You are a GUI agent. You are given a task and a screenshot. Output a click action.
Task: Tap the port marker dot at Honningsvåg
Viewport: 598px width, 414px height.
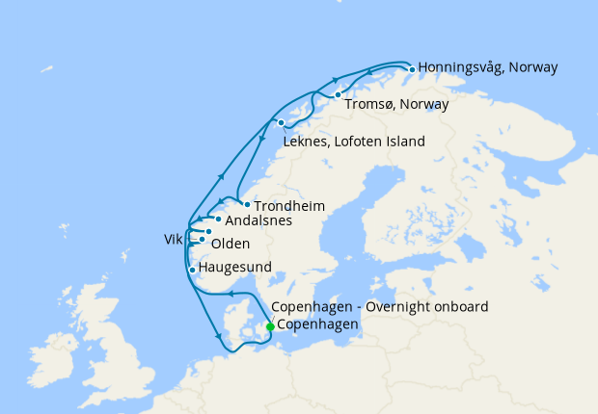[x=412, y=69]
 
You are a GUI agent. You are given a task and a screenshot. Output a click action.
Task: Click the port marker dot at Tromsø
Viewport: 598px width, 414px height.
[x=338, y=94]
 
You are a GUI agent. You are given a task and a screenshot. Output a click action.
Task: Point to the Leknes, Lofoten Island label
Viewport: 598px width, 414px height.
[x=354, y=142]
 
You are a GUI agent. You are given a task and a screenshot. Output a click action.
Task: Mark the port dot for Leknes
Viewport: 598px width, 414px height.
[x=281, y=123]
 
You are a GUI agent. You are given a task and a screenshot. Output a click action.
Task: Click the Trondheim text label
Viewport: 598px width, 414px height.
[x=289, y=206]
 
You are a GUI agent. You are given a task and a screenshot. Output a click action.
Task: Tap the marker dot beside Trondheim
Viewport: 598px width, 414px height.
[x=247, y=204]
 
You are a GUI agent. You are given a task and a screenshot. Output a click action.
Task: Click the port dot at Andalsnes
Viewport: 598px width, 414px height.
[x=219, y=220]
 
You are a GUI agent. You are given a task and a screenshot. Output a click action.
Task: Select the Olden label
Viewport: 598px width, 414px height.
[x=230, y=243]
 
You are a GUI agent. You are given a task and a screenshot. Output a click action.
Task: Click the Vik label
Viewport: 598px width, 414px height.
[x=174, y=237]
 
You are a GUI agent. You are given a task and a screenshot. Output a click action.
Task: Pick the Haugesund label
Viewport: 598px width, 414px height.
[x=234, y=267]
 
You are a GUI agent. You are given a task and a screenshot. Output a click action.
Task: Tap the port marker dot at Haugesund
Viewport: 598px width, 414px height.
[x=193, y=270]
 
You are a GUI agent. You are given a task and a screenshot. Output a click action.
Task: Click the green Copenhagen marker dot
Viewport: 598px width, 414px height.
[x=270, y=326]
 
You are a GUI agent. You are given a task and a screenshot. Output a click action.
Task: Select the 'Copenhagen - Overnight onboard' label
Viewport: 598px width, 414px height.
[x=380, y=307]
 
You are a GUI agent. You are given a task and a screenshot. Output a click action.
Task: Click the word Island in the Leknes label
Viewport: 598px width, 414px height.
[x=403, y=142]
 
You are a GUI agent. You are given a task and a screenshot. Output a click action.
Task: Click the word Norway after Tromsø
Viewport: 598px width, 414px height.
[x=426, y=104]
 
